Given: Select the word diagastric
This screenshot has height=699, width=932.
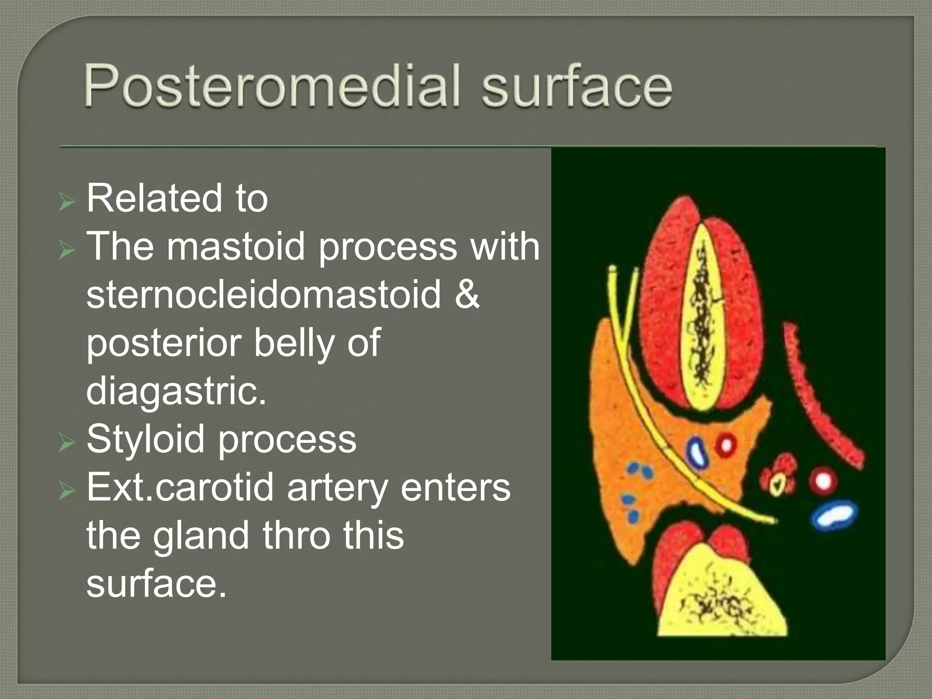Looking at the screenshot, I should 176,391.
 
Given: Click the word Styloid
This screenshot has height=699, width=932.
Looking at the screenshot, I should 145,439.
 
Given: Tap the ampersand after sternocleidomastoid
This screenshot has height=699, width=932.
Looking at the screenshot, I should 466,294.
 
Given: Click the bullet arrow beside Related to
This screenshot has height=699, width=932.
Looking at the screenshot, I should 66,201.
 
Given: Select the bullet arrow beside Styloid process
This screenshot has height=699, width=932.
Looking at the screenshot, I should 66,442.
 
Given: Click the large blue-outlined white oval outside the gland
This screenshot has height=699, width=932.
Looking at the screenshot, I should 834,515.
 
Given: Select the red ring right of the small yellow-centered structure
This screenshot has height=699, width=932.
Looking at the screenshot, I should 823,480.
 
